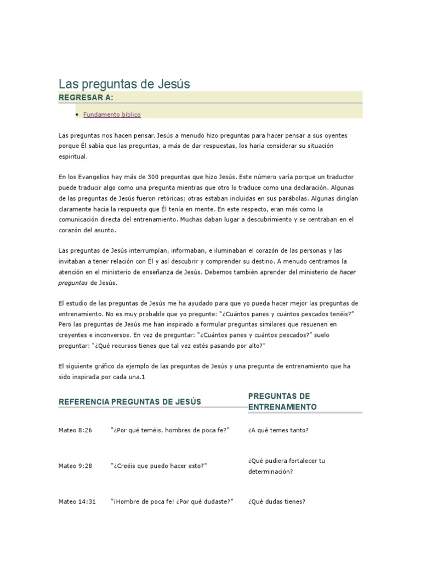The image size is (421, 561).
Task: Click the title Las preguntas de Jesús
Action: tap(124, 84)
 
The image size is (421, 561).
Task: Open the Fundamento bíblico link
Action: tap(112, 115)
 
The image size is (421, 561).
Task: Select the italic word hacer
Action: tap(349, 272)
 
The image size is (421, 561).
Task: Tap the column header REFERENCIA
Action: tap(84, 402)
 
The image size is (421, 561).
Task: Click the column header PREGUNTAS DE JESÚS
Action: tap(156, 402)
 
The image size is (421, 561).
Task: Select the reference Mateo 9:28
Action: tap(76, 466)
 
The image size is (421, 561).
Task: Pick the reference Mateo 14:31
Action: tap(77, 501)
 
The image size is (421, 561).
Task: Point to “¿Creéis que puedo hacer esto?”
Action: tap(158, 466)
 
